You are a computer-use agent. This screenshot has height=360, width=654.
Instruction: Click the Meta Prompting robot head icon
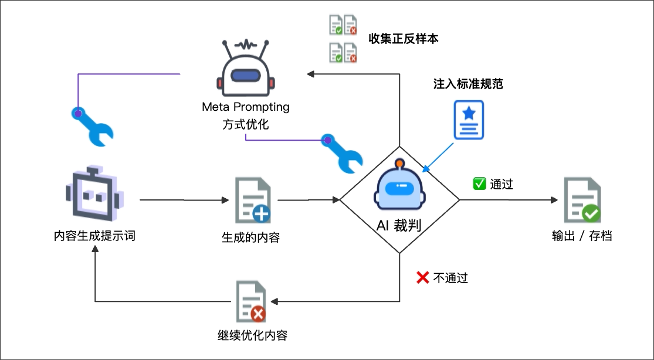pos(245,69)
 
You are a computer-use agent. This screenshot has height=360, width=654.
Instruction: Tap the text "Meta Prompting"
pos(246,107)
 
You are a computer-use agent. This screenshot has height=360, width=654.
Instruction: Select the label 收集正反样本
pos(404,39)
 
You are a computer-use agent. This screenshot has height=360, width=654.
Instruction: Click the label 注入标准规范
pos(468,84)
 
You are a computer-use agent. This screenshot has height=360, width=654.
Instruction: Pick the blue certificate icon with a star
pos(468,120)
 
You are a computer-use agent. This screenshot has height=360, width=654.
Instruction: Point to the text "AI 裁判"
pos(399,225)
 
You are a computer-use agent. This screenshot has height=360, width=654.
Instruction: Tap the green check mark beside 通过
pos(479,184)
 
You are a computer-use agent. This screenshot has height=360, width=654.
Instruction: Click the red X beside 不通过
pos(422,277)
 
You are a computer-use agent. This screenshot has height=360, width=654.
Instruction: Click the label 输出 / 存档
pos(582,237)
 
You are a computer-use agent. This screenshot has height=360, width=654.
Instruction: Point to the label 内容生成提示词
pos(94,237)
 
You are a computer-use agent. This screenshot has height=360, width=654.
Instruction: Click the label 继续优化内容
pos(252,336)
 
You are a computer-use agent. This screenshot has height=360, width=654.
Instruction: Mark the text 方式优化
pos(246,124)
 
